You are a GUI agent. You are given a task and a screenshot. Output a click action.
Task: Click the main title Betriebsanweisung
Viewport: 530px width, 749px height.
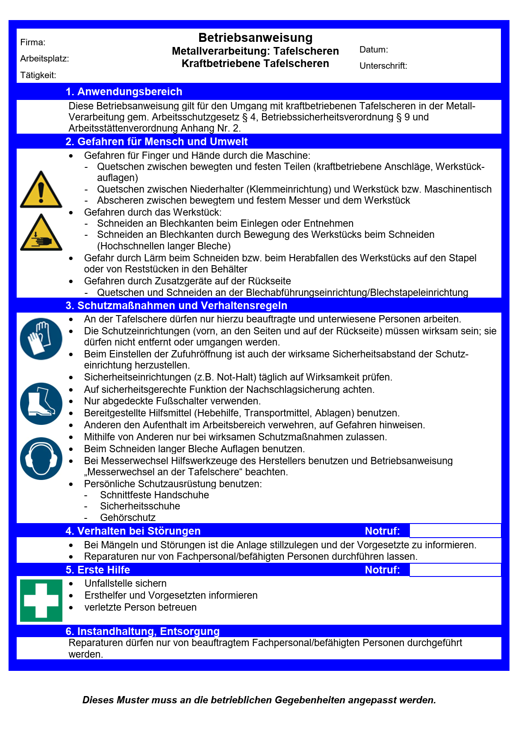point(255,38)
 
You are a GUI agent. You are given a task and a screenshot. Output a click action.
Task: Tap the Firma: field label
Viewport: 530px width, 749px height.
point(33,42)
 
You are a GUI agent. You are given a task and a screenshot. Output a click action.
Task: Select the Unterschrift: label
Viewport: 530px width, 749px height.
point(383,66)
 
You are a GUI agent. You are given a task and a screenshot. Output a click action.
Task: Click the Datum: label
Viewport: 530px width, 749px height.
point(374,50)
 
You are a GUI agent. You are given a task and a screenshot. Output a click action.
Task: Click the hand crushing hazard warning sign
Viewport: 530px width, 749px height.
point(41,233)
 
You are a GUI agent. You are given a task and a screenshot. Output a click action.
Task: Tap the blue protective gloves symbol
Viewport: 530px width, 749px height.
point(41,339)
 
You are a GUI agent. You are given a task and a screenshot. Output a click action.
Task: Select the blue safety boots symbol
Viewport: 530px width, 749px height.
point(41,404)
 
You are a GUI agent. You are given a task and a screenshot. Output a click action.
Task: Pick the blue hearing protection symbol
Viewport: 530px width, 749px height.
point(41,459)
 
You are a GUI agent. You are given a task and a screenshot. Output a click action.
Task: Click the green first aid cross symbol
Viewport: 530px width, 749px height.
point(41,600)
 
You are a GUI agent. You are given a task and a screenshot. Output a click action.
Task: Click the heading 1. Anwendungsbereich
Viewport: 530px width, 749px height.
point(124,92)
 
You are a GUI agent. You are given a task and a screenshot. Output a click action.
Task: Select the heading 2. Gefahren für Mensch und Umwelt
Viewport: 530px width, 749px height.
point(156,142)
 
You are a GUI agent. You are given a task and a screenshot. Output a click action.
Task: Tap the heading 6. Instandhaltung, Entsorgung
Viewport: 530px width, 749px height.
point(142,631)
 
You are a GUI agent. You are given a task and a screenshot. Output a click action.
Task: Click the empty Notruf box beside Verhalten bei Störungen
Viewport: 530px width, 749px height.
point(455,531)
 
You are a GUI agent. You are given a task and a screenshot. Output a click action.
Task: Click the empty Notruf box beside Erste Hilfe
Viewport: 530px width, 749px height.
point(455,570)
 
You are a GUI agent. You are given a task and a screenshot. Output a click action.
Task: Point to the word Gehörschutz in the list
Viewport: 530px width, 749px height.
point(128,518)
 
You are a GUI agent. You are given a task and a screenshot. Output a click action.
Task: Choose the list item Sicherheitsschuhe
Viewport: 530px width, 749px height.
point(140,506)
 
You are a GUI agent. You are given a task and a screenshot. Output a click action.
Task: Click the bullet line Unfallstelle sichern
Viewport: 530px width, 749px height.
point(125,583)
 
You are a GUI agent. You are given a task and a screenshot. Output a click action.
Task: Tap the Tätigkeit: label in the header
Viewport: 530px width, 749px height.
point(38,75)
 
